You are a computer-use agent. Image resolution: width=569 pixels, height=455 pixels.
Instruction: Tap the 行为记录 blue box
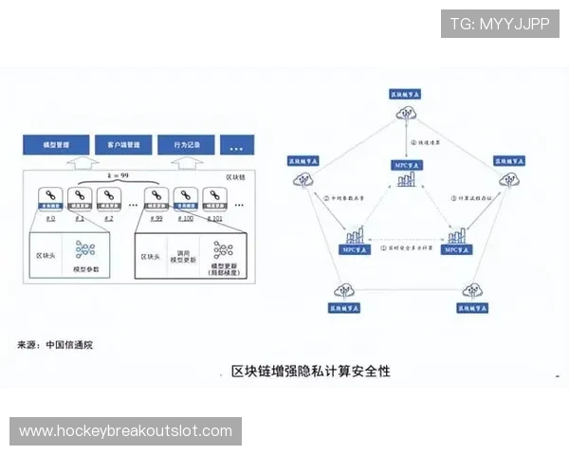click(186, 146)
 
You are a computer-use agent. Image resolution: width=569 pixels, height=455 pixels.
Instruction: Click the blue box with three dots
click(237, 146)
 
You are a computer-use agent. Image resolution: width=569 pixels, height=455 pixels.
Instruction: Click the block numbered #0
click(50, 198)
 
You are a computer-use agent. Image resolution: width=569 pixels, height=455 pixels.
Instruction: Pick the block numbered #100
click(184, 198)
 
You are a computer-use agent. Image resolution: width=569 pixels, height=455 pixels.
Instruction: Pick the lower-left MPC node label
click(355, 251)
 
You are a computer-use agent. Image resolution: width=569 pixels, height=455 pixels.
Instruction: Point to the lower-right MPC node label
click(456, 251)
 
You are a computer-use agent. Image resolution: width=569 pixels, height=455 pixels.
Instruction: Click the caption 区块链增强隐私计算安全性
click(310, 372)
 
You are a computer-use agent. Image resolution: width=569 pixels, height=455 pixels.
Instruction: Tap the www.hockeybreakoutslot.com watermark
click(125, 431)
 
